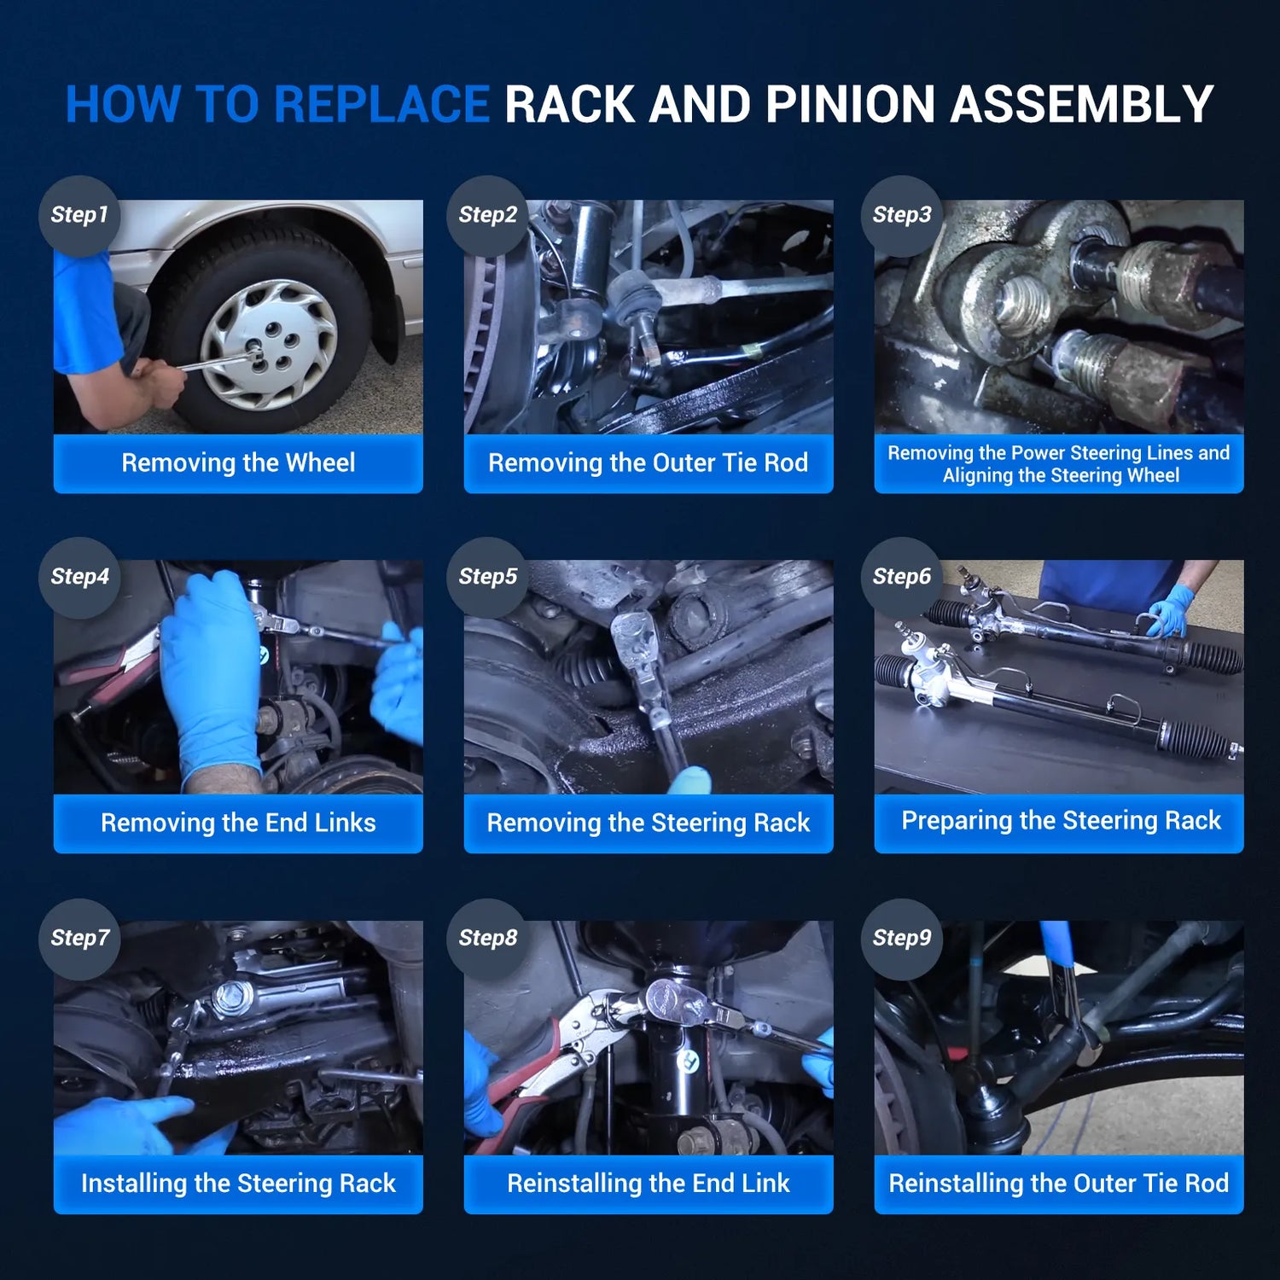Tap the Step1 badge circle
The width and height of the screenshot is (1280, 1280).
click(x=79, y=216)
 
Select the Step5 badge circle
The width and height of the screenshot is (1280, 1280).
click(x=487, y=578)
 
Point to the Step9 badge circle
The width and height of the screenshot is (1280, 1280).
click(x=902, y=939)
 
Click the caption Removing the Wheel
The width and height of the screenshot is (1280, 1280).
click(x=238, y=463)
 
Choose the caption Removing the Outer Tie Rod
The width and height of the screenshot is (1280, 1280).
click(x=648, y=463)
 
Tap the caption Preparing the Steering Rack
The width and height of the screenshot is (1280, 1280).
click(x=1061, y=821)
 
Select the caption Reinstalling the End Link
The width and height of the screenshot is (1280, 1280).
click(x=648, y=1184)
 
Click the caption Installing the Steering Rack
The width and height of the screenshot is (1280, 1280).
click(x=238, y=1184)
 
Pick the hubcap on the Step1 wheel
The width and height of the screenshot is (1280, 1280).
click(x=269, y=345)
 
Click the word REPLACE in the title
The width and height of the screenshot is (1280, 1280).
click(x=381, y=104)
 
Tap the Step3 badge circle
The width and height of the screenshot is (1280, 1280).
click(x=902, y=216)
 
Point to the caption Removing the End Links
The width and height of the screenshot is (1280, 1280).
click(x=238, y=823)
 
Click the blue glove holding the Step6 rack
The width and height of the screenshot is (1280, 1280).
click(x=1171, y=609)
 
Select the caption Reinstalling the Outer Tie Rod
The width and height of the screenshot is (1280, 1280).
click(x=1059, y=1184)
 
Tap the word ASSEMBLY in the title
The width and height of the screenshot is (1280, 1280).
click(x=1082, y=104)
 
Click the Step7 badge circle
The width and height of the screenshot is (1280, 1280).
click(x=79, y=939)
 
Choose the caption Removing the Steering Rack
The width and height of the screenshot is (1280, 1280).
click(x=648, y=823)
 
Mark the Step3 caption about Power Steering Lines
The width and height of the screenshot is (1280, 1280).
click(x=1059, y=464)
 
